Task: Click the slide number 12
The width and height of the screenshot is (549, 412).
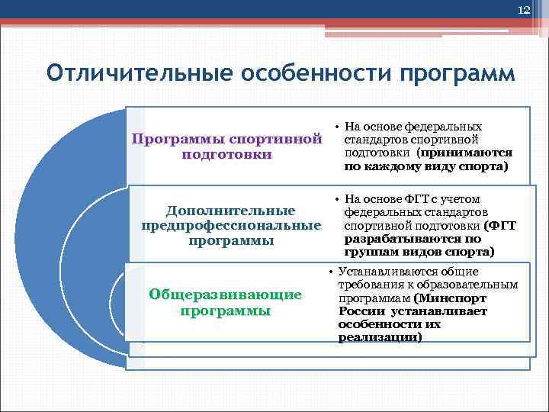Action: click(523, 10)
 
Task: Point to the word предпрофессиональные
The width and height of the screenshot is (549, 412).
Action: click(231, 225)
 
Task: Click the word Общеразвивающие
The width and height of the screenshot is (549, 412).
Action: click(225, 295)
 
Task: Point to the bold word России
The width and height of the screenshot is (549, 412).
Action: click(362, 311)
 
